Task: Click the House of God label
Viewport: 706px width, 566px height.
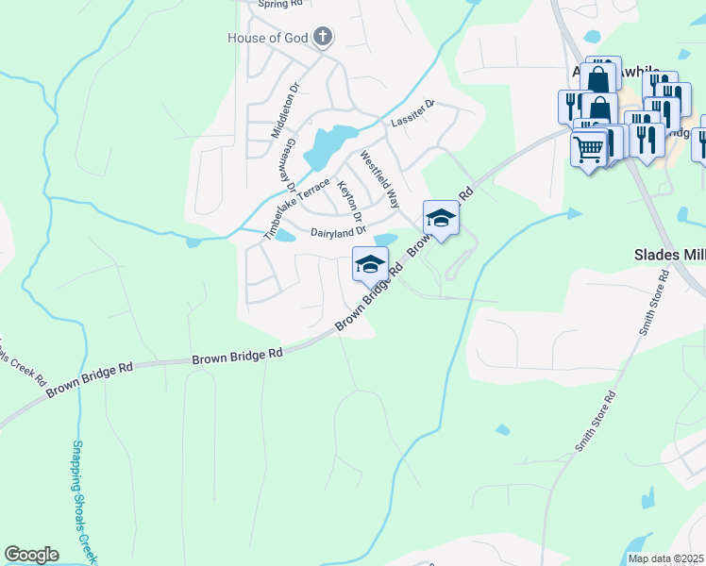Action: point(268,38)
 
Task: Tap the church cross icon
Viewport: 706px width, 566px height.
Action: point(323,38)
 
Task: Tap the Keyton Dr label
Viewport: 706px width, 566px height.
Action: point(351,208)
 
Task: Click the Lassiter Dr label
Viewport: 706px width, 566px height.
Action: point(411,115)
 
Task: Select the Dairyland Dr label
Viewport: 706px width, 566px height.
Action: point(338,232)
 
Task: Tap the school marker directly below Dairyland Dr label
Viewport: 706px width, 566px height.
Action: point(371,263)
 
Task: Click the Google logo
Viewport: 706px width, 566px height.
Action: point(31,555)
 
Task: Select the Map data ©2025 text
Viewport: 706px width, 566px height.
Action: point(665,558)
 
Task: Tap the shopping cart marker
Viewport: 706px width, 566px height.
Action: point(589,148)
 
